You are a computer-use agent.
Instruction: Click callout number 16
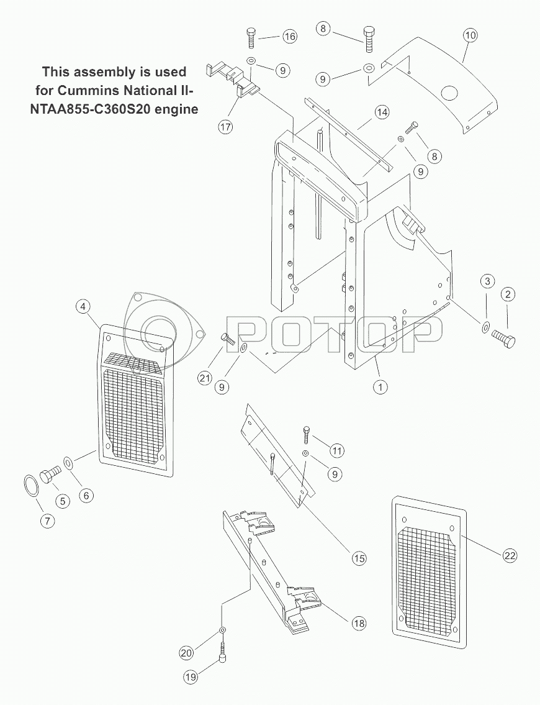point(290,36)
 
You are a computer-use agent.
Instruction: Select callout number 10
point(470,35)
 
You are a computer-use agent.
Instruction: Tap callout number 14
point(382,112)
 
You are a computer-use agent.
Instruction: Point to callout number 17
point(225,127)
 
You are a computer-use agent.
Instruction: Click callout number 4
point(83,307)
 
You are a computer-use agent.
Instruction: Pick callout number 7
point(48,521)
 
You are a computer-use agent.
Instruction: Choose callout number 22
point(509,556)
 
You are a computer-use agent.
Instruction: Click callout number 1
point(380,386)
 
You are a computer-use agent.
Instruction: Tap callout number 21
point(205,378)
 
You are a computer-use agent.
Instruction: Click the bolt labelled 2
point(503,338)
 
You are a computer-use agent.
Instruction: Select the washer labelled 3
point(485,327)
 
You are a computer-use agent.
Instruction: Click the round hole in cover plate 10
point(449,94)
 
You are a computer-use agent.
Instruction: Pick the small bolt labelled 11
point(305,434)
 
